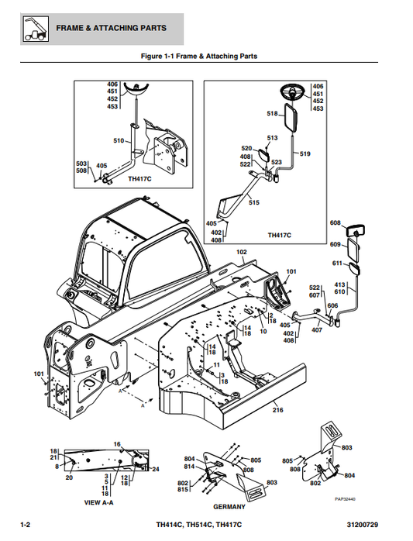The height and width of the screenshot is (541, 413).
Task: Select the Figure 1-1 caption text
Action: (198, 56)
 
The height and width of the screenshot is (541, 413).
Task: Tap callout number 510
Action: (119, 141)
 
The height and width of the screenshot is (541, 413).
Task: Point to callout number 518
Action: (272, 114)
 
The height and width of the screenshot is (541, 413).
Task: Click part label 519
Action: (305, 154)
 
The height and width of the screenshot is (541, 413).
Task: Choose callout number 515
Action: (253, 202)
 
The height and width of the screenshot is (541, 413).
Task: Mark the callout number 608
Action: (336, 223)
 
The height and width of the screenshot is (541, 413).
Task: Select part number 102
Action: (241, 253)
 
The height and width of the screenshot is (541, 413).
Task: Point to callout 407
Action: (316, 331)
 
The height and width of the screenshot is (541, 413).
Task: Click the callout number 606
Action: (332, 306)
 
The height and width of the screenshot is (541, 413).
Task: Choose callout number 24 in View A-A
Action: (155, 470)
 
